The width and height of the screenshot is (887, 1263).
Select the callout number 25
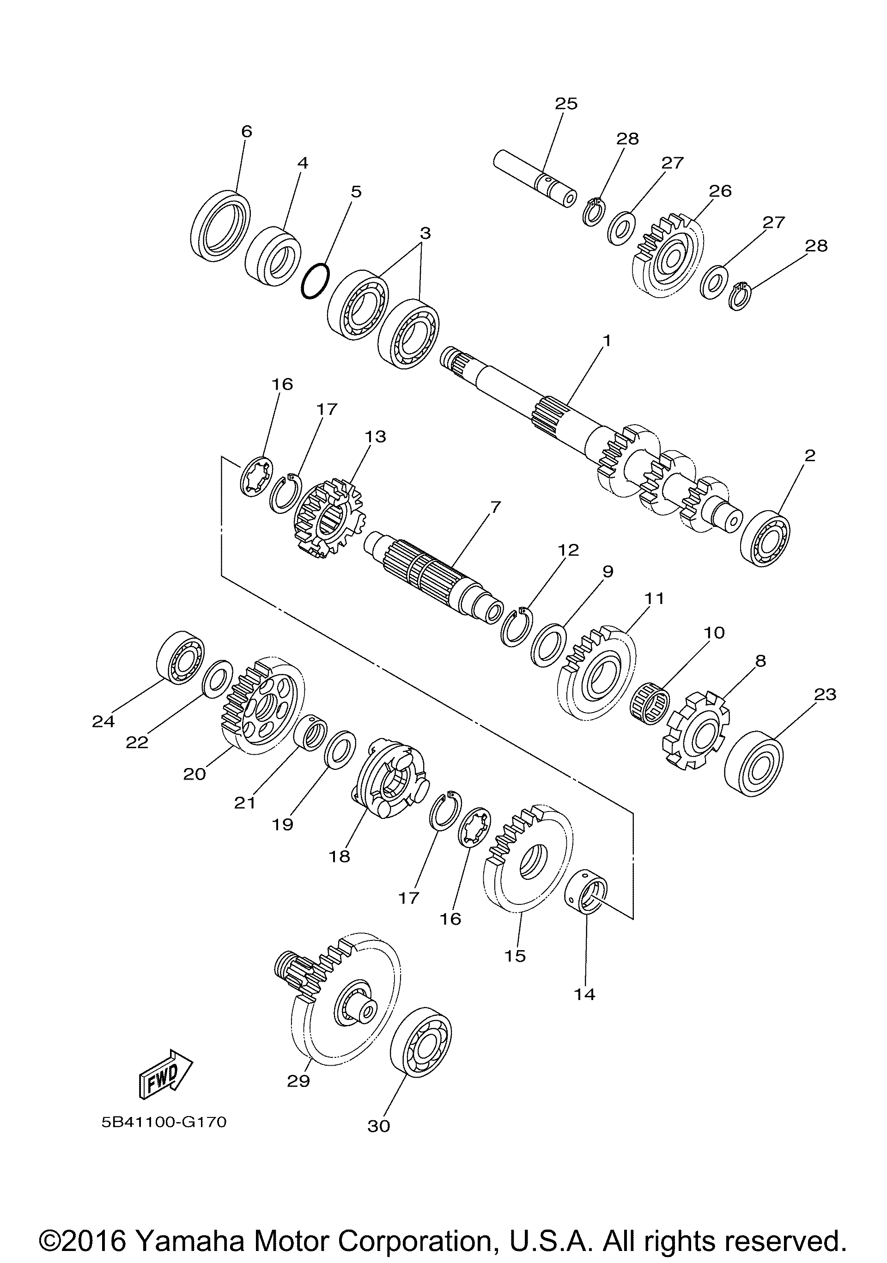(x=566, y=103)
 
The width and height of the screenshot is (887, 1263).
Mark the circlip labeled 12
(x=515, y=626)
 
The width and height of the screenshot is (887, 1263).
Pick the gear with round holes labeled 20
(x=263, y=706)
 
